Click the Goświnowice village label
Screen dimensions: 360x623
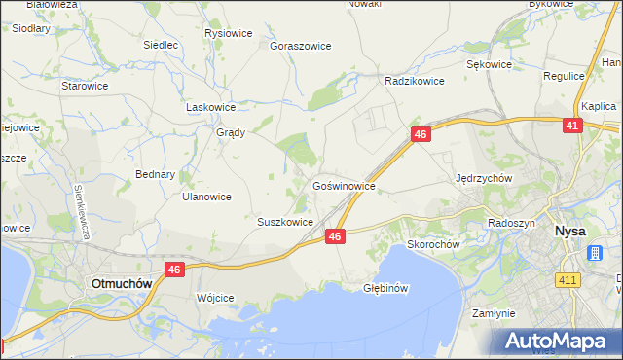click(x=344, y=185)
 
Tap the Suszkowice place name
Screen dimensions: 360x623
click(x=284, y=222)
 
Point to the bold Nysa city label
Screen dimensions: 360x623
click(x=568, y=232)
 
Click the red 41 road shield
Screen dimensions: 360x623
click(x=572, y=126)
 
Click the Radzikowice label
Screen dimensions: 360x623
click(x=415, y=82)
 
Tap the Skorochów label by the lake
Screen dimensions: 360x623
click(x=433, y=245)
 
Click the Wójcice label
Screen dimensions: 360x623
click(x=215, y=298)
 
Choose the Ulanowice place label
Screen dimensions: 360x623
click(x=206, y=197)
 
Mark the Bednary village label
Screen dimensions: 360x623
click(x=155, y=175)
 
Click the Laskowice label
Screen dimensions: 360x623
click(x=211, y=107)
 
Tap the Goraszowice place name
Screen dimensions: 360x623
click(x=301, y=46)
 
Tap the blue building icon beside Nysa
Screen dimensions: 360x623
click(x=595, y=253)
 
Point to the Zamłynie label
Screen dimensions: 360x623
click(x=492, y=314)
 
